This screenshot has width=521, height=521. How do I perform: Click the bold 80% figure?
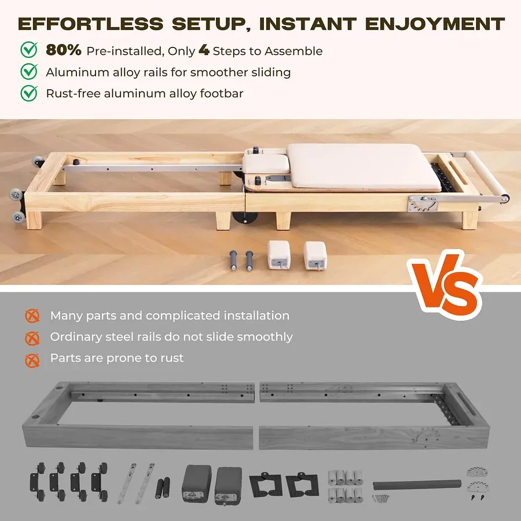(64, 50)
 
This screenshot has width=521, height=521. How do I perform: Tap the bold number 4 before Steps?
(204, 50)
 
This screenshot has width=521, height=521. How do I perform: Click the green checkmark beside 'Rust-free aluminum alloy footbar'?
(29, 93)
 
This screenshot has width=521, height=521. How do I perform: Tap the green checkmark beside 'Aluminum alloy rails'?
(29, 72)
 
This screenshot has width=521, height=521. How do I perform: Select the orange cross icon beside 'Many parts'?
(32, 316)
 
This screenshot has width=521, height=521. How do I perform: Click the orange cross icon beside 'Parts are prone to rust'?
(32, 359)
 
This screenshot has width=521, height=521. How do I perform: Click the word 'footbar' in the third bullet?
(222, 93)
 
